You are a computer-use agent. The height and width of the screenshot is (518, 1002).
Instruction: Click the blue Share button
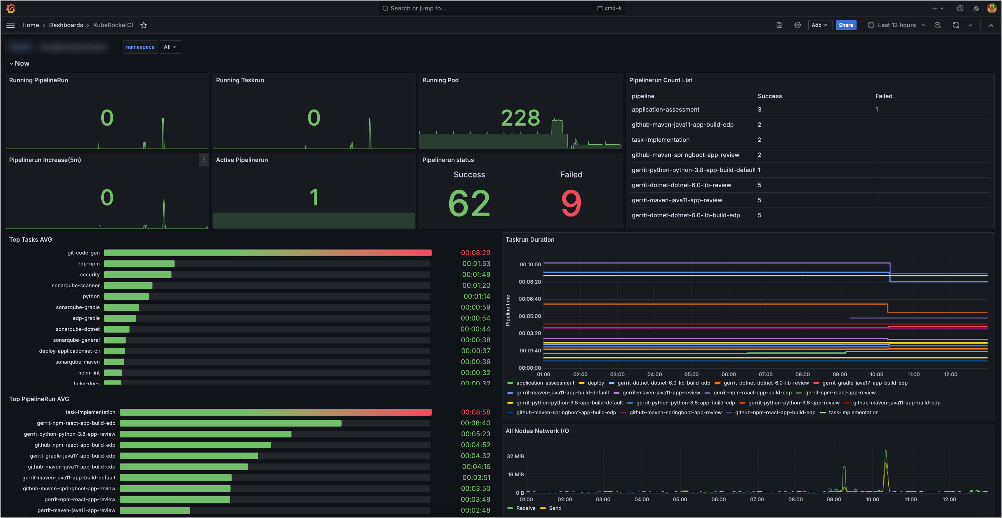845,25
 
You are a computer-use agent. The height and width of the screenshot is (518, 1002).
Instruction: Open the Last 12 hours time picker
896,25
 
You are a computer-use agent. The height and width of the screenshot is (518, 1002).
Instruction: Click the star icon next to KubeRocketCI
144,25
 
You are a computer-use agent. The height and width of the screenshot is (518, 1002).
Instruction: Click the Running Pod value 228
520,118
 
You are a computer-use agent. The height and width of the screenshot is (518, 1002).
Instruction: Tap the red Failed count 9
571,203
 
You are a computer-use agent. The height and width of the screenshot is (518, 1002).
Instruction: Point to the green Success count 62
469,203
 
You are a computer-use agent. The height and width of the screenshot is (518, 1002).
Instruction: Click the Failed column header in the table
883,96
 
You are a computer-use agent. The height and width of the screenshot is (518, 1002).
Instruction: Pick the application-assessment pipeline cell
665,110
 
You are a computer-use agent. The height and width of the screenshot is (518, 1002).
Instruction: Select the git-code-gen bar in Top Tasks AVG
268,253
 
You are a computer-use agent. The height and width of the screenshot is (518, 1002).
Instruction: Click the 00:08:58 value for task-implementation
475,412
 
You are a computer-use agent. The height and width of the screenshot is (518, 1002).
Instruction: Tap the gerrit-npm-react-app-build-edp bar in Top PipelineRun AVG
230,423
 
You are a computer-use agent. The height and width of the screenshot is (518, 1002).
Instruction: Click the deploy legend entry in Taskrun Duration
595,383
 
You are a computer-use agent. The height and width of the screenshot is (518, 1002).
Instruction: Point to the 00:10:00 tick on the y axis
530,264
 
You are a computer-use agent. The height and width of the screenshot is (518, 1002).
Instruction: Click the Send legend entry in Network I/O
555,508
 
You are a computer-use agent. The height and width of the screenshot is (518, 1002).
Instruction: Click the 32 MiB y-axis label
515,456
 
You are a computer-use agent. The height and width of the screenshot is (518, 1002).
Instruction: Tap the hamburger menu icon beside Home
11,25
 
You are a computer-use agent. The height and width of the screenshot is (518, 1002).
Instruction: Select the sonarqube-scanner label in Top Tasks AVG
76,286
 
